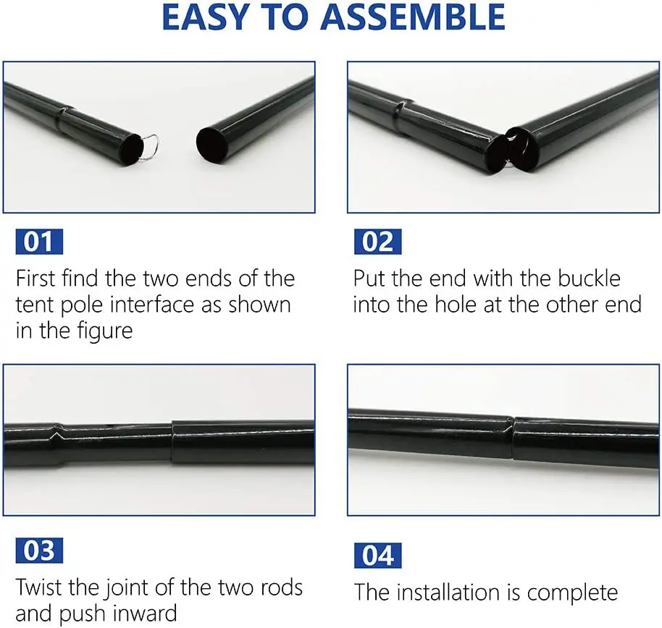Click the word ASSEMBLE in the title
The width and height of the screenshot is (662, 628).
[x=413, y=17]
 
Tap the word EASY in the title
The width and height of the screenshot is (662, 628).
[x=205, y=17]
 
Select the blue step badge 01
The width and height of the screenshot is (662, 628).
[x=39, y=242]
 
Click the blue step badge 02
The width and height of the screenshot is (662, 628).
[x=378, y=242]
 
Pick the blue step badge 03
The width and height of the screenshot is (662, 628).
[x=39, y=551]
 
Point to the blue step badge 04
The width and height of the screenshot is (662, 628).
[x=378, y=556]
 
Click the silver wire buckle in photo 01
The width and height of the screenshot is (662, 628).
[x=151, y=148]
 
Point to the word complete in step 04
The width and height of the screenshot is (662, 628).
[x=572, y=593]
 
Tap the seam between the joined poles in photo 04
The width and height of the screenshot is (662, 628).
[x=512, y=438]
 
